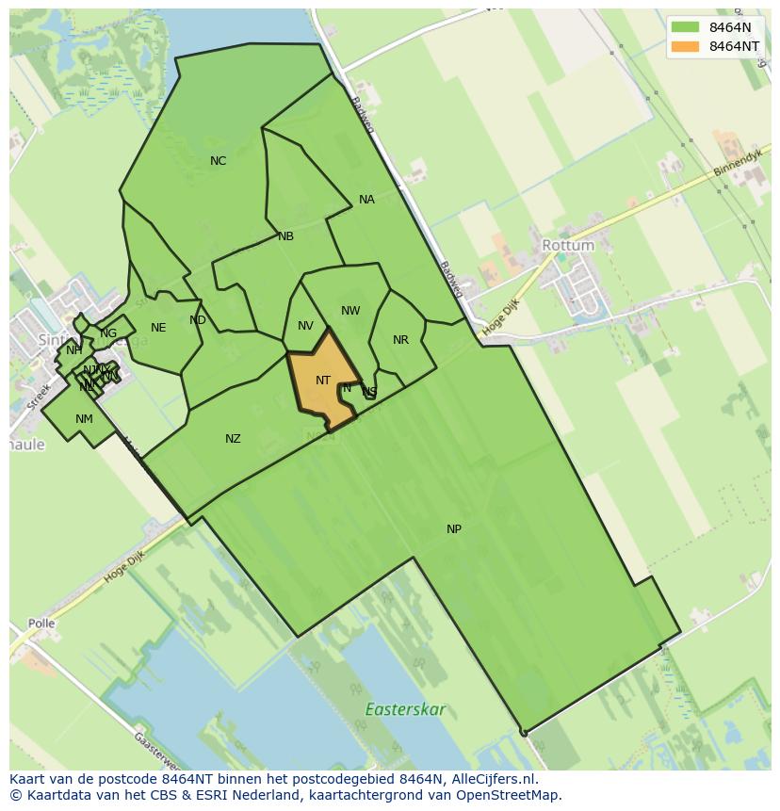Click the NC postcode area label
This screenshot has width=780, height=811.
coord(218,161)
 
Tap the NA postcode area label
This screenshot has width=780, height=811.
coord(366,200)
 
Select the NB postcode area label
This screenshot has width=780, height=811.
coord(285,236)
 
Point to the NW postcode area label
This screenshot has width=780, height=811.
coord(350,311)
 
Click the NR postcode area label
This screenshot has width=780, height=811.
coord(400,340)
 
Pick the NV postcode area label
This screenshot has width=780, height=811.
coord(305,327)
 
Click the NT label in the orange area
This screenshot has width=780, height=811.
coord(323,381)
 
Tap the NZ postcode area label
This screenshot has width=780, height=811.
coord(233,439)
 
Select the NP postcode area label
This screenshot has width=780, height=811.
coord(454,529)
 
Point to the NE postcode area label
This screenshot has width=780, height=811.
coord(158,328)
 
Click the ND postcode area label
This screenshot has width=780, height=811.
coord(197,320)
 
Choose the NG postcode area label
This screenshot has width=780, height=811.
coord(108,333)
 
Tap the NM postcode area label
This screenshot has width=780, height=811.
coord(84,419)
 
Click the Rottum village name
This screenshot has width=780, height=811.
coord(568,245)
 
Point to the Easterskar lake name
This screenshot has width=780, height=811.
coord(405,709)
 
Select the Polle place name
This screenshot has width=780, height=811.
coord(41,624)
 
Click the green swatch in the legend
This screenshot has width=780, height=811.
coord(686,27)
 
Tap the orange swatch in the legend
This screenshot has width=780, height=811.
coord(686,46)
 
